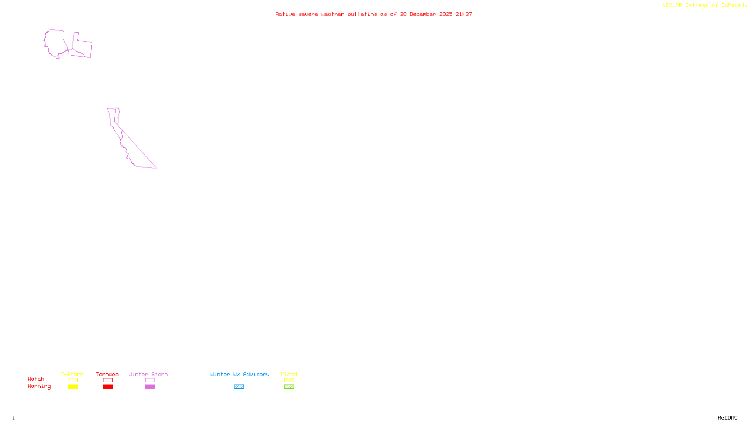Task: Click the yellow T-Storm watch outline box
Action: tap(73, 380)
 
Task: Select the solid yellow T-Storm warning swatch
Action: tap(73, 387)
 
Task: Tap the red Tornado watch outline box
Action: tap(108, 380)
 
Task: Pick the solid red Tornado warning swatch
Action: tap(108, 387)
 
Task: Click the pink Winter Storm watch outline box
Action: tap(150, 380)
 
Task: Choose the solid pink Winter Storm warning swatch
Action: tap(150, 387)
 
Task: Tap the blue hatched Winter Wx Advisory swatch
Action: tap(239, 387)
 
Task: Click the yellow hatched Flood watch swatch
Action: tap(289, 380)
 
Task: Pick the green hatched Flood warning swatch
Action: tap(289, 387)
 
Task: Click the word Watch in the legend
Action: tap(36, 379)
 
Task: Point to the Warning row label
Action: tap(39, 386)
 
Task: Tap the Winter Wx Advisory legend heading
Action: tap(240, 374)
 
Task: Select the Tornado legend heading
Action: tap(107, 374)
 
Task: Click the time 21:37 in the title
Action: tap(464, 14)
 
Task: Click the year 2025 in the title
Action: tap(446, 14)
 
